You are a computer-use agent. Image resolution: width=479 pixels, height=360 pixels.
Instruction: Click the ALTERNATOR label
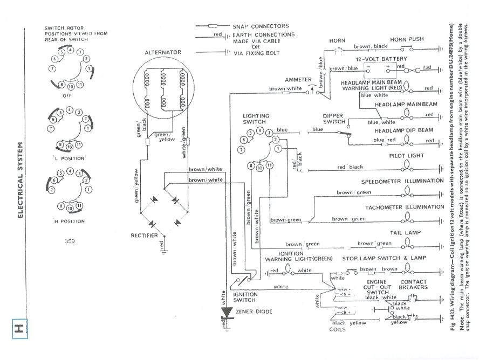point(163,52)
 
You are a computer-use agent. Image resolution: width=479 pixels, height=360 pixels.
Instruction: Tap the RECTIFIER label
point(144,236)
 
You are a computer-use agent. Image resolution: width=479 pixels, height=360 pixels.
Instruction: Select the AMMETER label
point(298,80)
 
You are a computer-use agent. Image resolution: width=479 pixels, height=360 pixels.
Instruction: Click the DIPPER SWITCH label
point(333,119)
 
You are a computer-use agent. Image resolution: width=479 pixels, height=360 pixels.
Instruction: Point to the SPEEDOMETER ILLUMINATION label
point(402,182)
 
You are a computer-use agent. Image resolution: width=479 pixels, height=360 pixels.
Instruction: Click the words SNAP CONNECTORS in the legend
point(261,26)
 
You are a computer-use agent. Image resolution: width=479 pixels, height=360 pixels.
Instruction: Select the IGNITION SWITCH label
point(244,297)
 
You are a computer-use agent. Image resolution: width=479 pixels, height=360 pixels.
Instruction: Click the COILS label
point(337,330)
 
